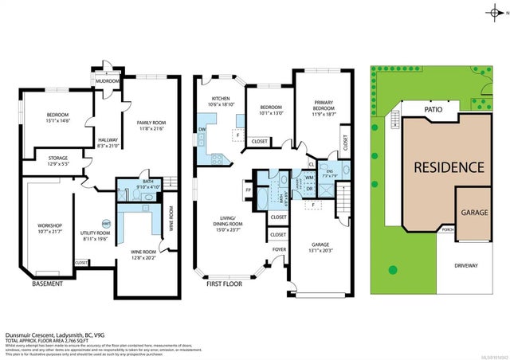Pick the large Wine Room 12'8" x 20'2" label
click(x=145, y=255)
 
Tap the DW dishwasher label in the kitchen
click(x=202, y=128)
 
